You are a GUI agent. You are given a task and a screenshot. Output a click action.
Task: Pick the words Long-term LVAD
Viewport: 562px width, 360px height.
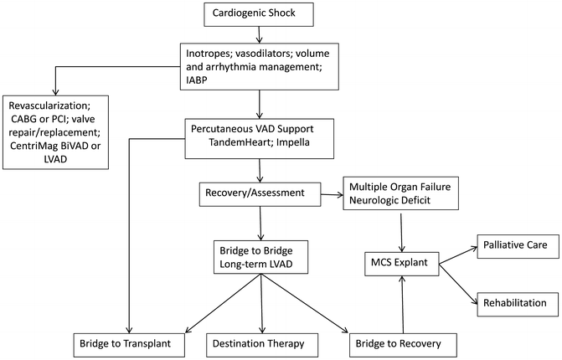point(260,265)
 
